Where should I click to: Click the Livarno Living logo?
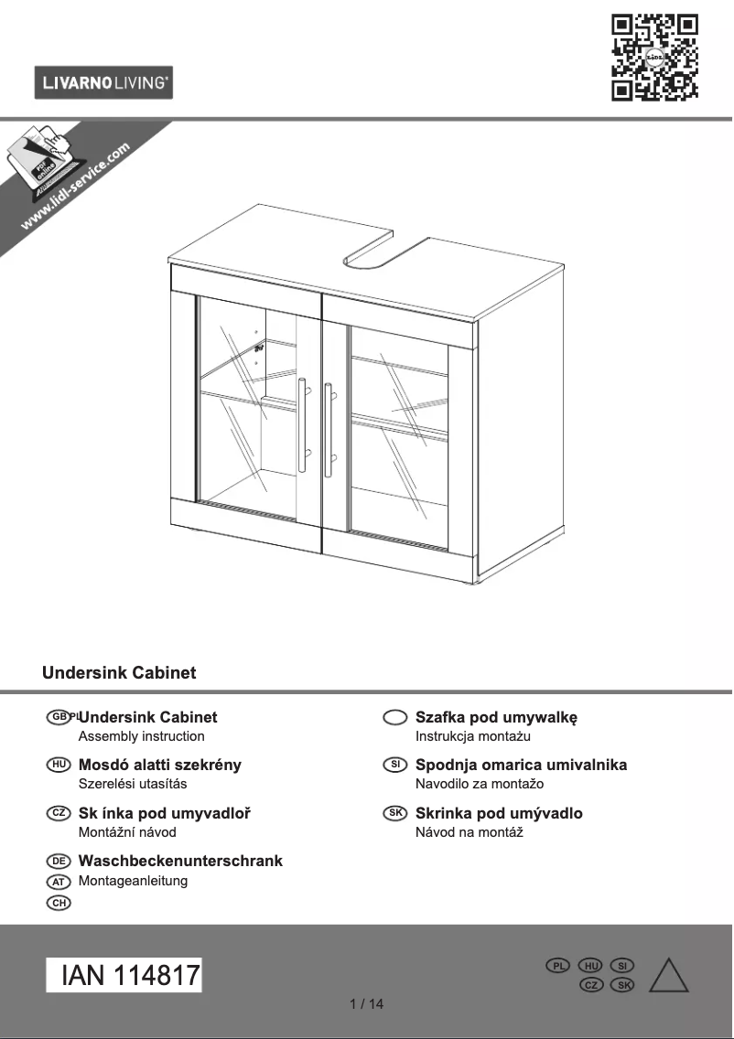coord(103,82)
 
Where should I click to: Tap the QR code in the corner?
coord(654,58)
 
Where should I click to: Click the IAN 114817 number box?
coord(124,975)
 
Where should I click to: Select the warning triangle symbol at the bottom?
coord(668,975)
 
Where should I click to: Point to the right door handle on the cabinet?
coord(329,429)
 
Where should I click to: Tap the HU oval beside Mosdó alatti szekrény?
coord(59,765)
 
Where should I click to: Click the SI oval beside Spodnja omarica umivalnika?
coord(395,765)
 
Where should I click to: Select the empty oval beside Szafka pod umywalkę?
coord(395,717)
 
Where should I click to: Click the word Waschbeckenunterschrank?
coord(180,861)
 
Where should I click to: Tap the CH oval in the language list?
coord(59,903)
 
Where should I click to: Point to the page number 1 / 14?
coord(367,1004)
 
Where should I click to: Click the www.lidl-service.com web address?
coord(75,187)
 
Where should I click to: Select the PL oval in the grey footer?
coord(557,966)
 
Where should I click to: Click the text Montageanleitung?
coord(133,881)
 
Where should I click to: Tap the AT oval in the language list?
coord(59,882)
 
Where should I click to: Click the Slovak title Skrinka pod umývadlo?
coord(500,813)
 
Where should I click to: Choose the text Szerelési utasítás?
coord(133,784)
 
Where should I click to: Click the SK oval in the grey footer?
coord(622,985)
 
